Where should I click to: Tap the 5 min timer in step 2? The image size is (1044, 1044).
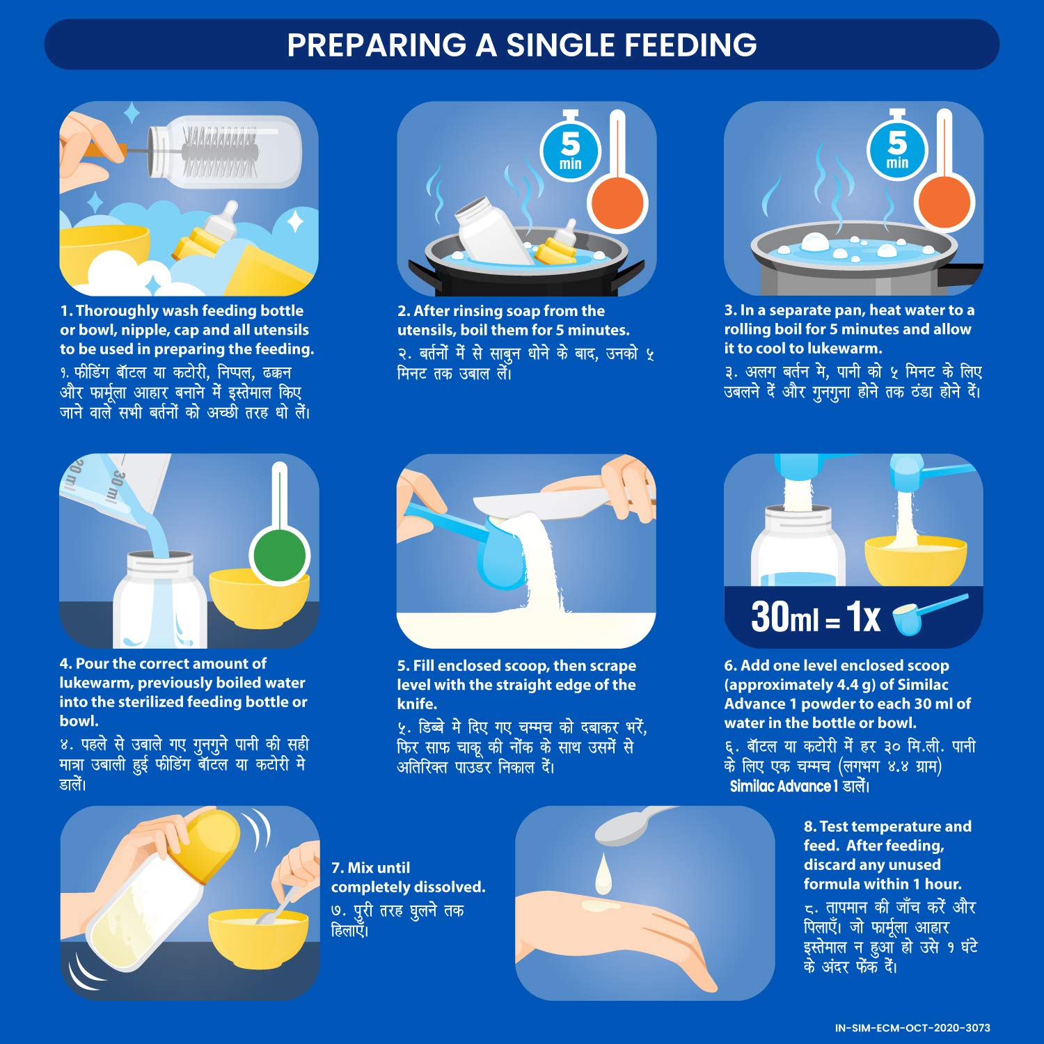coord(570,150)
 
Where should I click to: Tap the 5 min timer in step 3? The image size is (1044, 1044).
coord(896,150)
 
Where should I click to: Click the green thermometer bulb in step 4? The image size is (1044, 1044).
coord(279,555)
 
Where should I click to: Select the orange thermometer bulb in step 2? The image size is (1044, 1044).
coord(618,201)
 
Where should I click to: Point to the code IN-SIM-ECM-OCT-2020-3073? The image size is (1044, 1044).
coord(912,1027)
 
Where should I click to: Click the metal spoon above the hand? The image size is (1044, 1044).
coord(626,825)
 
